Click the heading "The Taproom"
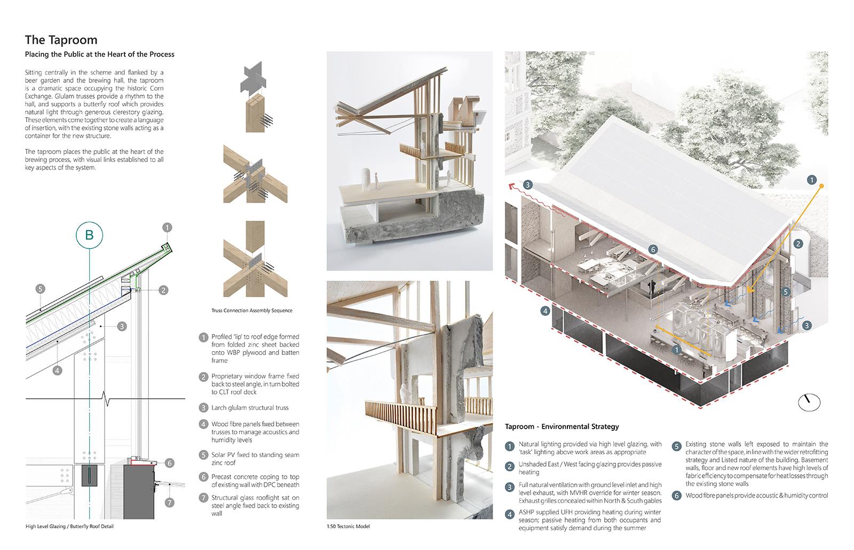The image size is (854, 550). [x=61, y=40]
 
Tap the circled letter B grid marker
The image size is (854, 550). [x=90, y=235]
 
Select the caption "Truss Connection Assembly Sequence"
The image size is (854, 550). [x=252, y=311]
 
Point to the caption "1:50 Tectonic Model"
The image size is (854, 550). [x=348, y=526]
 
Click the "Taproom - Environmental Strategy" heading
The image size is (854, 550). [x=562, y=427]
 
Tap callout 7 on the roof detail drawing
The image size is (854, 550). [x=170, y=502]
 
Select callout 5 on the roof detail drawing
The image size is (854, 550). [x=41, y=289]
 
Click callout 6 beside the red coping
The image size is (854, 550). [x=170, y=463]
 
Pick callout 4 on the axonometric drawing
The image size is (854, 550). [x=545, y=311]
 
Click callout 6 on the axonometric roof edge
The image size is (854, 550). [x=653, y=250]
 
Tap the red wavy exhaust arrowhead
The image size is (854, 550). [x=512, y=186]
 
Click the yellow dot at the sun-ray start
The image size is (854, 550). [x=821, y=186]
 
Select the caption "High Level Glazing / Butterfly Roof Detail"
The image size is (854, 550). [x=69, y=526]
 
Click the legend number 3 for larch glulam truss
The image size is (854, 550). [x=203, y=408]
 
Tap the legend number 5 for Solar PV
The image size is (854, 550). [x=203, y=455]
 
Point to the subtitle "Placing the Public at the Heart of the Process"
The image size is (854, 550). [x=99, y=54]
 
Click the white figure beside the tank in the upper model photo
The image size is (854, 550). [x=376, y=181]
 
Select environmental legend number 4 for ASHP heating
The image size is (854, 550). [x=510, y=514]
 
